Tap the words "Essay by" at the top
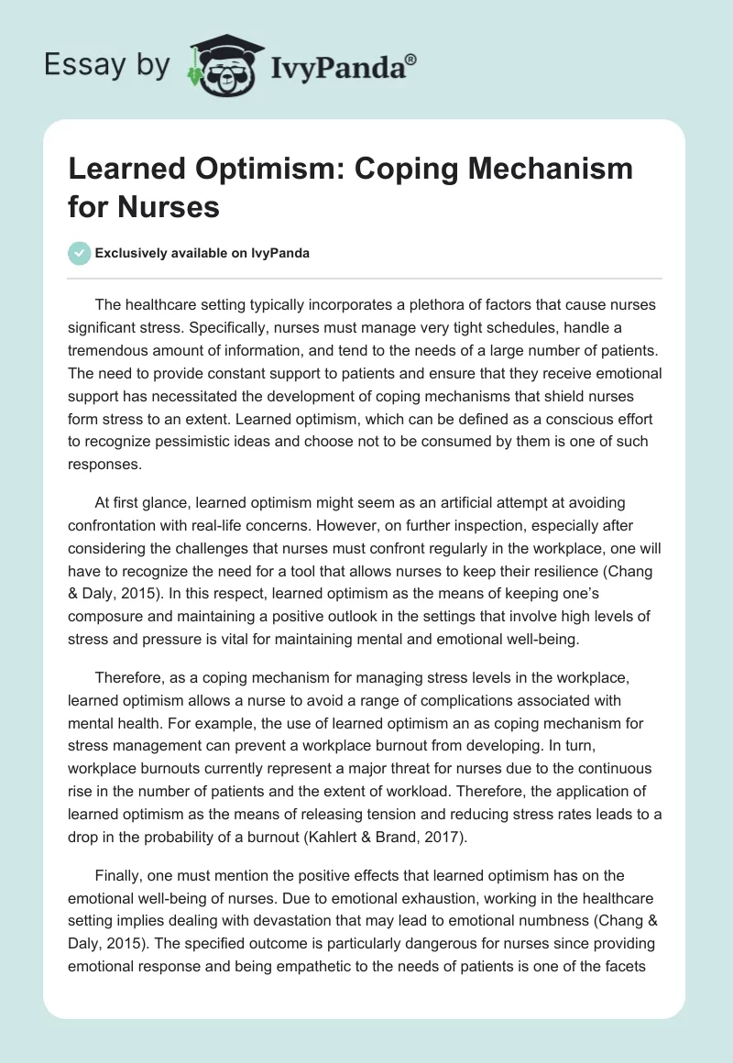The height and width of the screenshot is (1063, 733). click(x=108, y=64)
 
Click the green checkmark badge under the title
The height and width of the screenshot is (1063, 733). click(x=80, y=253)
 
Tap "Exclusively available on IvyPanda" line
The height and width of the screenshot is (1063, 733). click(x=202, y=253)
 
